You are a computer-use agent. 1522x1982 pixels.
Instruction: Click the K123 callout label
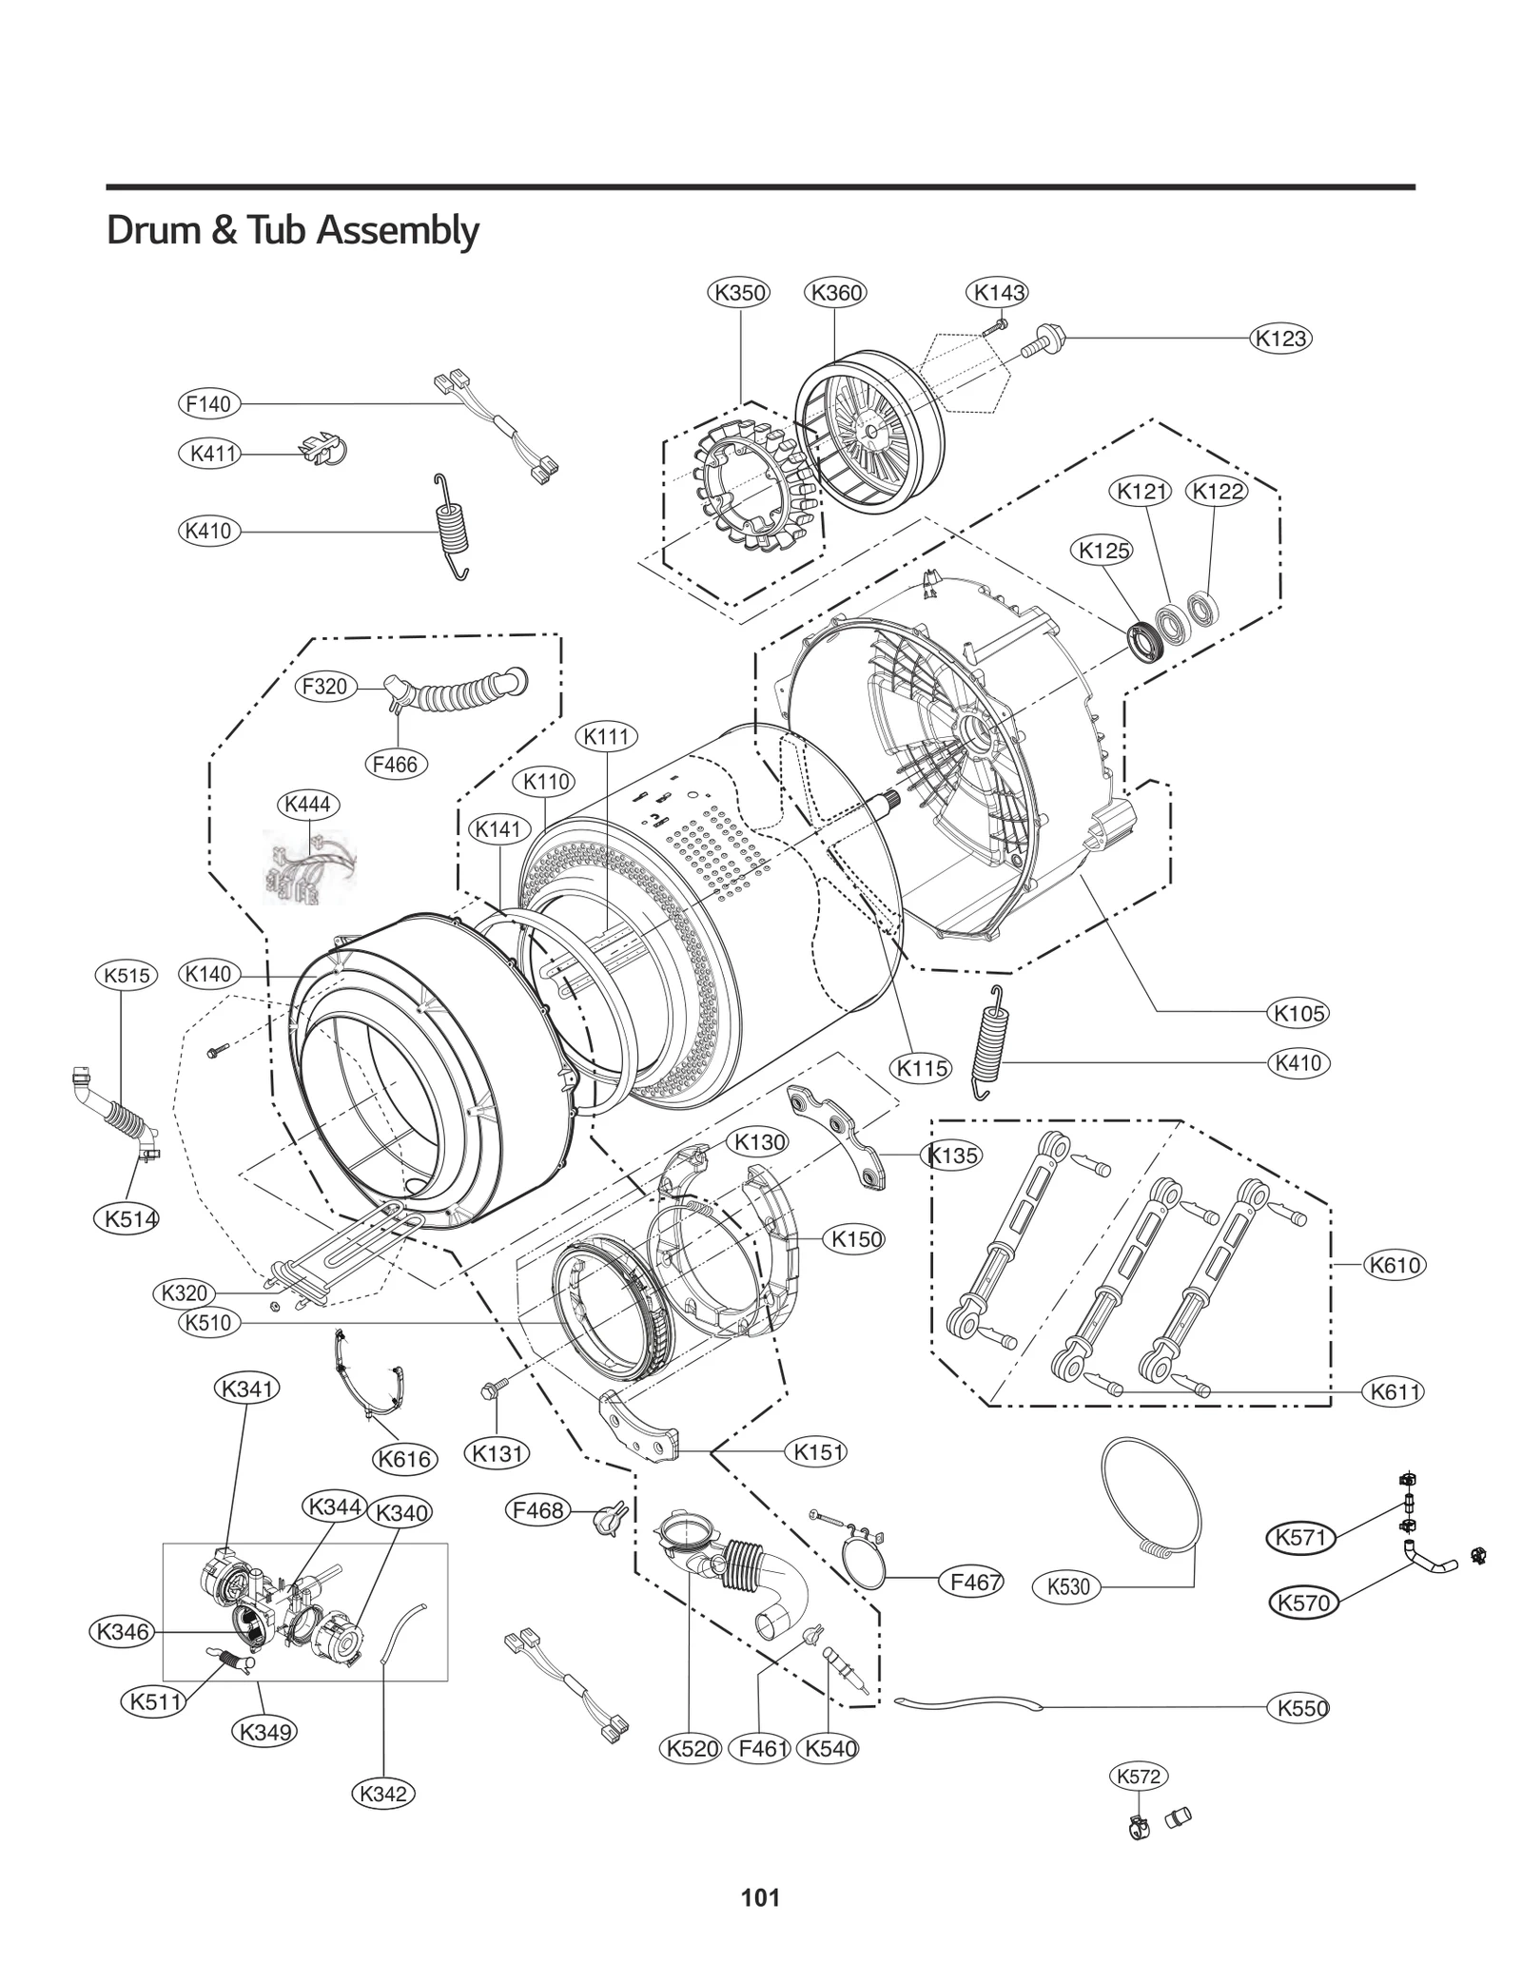click(x=1279, y=339)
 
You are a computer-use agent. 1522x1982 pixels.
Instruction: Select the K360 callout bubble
click(x=835, y=292)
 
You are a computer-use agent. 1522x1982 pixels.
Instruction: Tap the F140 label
click(x=208, y=404)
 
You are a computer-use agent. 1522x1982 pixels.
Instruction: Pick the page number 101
click(x=760, y=1897)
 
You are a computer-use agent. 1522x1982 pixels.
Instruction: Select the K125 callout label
click(x=1103, y=550)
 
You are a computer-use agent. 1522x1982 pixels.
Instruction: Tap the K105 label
click(x=1298, y=1013)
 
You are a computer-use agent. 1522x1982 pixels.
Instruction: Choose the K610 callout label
click(x=1394, y=1265)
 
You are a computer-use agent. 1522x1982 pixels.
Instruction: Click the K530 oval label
click(x=1067, y=1586)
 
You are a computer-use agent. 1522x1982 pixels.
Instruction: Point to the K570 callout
click(x=1303, y=1603)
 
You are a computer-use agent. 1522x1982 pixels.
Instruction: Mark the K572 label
click(x=1138, y=1776)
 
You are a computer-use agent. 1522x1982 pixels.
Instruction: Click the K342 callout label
click(x=383, y=1794)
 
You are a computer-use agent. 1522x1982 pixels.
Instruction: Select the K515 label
click(x=126, y=975)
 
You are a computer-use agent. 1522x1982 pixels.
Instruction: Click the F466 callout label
click(x=396, y=764)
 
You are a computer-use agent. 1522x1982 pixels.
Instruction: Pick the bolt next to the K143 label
click(x=995, y=326)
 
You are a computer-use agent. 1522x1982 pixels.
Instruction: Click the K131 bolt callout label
click(x=498, y=1453)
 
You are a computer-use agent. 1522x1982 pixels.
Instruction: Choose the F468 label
click(x=538, y=1510)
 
